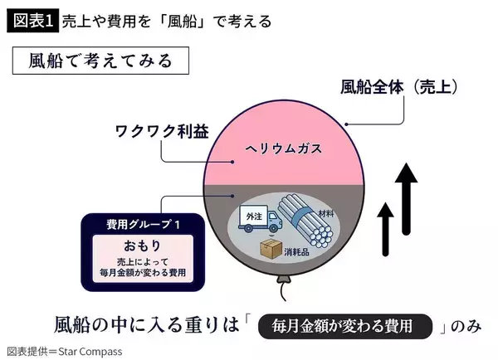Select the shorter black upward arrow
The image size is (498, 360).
[384, 230]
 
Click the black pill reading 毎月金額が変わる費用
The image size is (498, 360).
[347, 325]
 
